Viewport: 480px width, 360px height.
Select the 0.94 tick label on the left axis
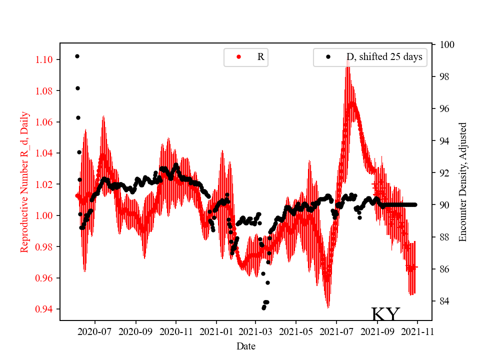pyautogui.click(x=45, y=309)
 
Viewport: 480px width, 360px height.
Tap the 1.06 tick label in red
pyautogui.click(x=45, y=122)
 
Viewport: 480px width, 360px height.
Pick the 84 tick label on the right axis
pyautogui.click(x=443, y=301)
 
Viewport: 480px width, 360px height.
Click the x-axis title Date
pyautogui.click(x=246, y=345)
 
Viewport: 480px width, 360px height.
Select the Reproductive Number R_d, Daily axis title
pyautogui.click(x=24, y=182)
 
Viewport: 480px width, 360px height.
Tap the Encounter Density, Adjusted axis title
pyautogui.click(x=462, y=182)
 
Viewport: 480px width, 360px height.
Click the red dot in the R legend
pyautogui.click(x=238, y=57)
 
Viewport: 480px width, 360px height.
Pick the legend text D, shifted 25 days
pyautogui.click(x=384, y=57)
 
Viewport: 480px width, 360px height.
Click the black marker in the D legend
pyautogui.click(x=328, y=57)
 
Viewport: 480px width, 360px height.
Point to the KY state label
pyautogui.click(x=385, y=314)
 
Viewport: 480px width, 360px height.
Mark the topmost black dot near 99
pyautogui.click(x=77, y=56)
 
